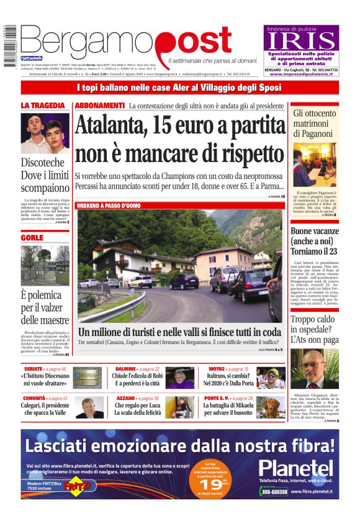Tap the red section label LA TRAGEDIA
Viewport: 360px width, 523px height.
click(43, 106)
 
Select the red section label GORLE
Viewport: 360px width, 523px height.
click(32, 237)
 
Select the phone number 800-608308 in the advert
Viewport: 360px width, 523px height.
click(274, 491)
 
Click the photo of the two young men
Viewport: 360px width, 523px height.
click(45, 133)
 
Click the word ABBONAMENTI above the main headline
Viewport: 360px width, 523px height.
click(100, 106)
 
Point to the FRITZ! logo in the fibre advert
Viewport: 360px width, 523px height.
click(74, 484)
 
